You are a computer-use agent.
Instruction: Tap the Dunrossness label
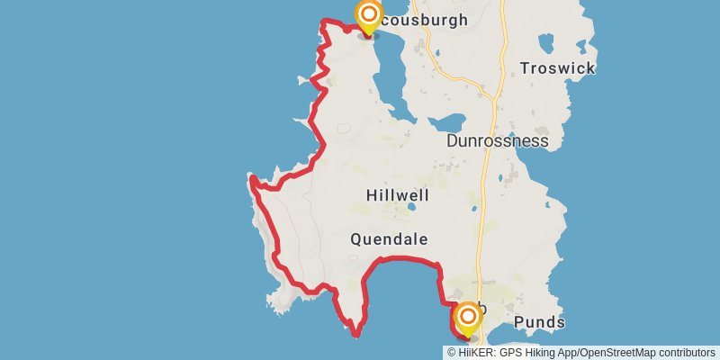point(498,141)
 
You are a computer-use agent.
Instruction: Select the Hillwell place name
point(398,195)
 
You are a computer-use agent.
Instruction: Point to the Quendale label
point(389,239)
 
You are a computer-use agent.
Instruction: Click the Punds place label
point(539,322)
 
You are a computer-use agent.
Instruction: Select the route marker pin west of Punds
point(468,318)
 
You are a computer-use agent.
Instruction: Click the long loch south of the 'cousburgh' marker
point(384,72)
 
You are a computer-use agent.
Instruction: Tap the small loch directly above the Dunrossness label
point(449,121)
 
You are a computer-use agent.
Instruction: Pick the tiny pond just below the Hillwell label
point(411,207)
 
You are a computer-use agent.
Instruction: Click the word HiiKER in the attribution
point(475,353)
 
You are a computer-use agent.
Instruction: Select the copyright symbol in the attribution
point(451,353)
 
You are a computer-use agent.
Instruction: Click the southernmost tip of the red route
point(356,336)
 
